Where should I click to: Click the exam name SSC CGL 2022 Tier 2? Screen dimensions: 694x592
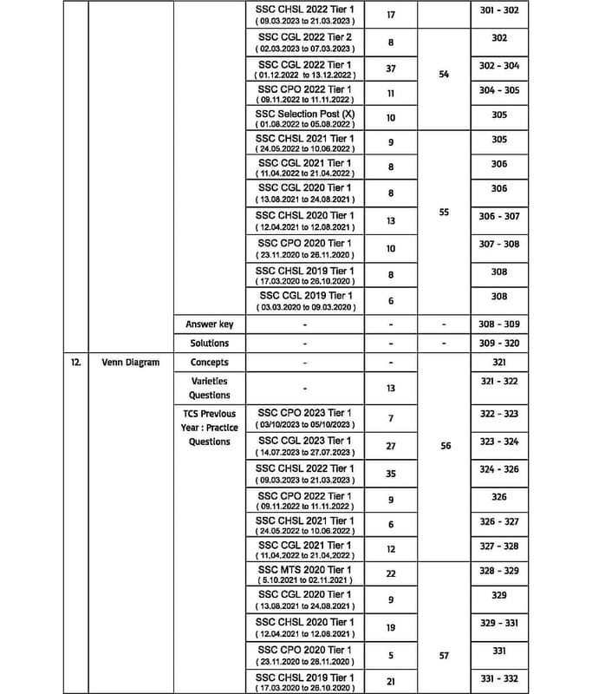pyautogui.click(x=304, y=38)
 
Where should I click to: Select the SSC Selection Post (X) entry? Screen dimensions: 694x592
pyautogui.click(x=304, y=115)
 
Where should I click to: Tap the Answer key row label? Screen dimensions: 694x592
pyautogui.click(x=209, y=324)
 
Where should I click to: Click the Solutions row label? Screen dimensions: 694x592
pyautogui.click(x=209, y=343)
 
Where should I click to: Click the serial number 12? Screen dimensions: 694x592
pyautogui.click(x=76, y=362)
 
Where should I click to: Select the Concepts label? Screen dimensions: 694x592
pyautogui.click(x=209, y=362)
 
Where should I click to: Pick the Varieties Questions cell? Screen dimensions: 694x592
pyautogui.click(x=209, y=388)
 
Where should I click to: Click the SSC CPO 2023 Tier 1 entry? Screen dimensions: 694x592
pyautogui.click(x=304, y=413)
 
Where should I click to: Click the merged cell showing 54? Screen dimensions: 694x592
pyautogui.click(x=444, y=75)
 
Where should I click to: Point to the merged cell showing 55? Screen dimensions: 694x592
pyautogui.click(x=444, y=211)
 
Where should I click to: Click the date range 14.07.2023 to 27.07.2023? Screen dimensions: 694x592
pyautogui.click(x=304, y=453)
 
